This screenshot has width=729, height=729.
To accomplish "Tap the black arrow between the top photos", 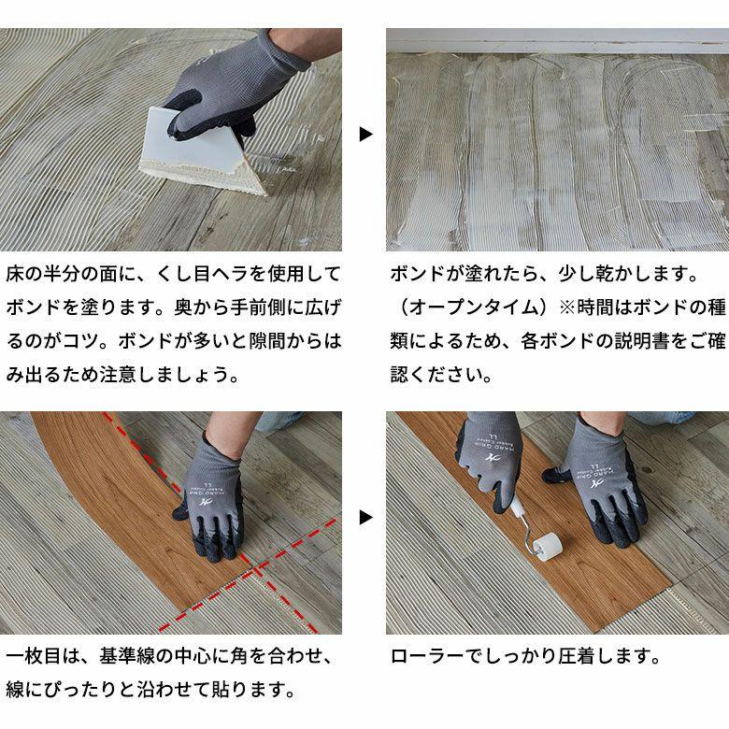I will tap(365, 135).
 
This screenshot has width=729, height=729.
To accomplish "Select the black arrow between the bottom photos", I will tap(365, 517).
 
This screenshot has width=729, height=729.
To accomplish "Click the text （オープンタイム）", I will tap(467, 307).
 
